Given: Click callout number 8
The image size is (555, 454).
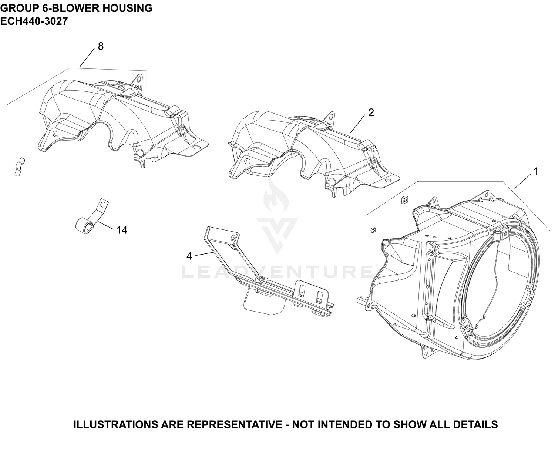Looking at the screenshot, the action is coord(101,46).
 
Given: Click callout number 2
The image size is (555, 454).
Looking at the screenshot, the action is coord(371,112).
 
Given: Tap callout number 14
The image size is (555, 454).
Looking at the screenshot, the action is coord(122,230).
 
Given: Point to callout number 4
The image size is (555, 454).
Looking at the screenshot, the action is coord(189,256).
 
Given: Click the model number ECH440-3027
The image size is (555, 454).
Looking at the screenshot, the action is coord(34,21).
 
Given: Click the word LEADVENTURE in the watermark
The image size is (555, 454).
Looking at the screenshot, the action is coord(277,272).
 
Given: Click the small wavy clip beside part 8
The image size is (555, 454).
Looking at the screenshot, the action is coord(19,167).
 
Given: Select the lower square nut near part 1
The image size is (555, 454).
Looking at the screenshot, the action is coord(373,230).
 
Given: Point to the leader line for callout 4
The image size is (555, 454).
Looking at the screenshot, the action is coord(204,254).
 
